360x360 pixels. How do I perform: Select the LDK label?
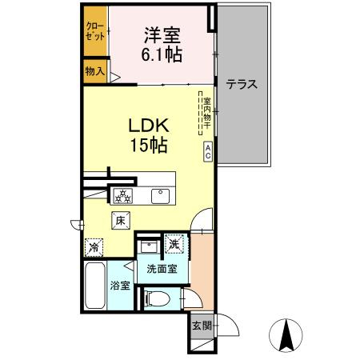pos(148,126)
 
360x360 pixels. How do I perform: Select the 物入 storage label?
pos(95,70)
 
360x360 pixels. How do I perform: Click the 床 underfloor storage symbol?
pos(120,220)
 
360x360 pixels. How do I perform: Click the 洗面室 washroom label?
pos(162,270)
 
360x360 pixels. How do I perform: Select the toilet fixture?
pos(160,299)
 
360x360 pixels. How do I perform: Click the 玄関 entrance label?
pos(201,326)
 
